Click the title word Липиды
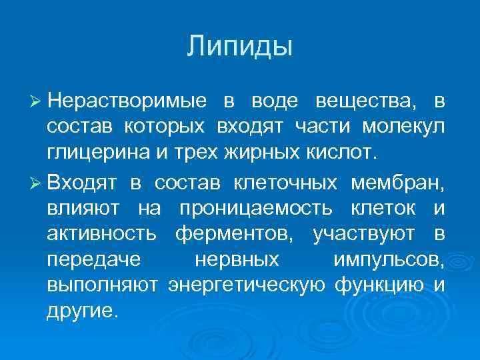240,47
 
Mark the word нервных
237,259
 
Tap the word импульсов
385,259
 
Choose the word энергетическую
246,285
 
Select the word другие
81,310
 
